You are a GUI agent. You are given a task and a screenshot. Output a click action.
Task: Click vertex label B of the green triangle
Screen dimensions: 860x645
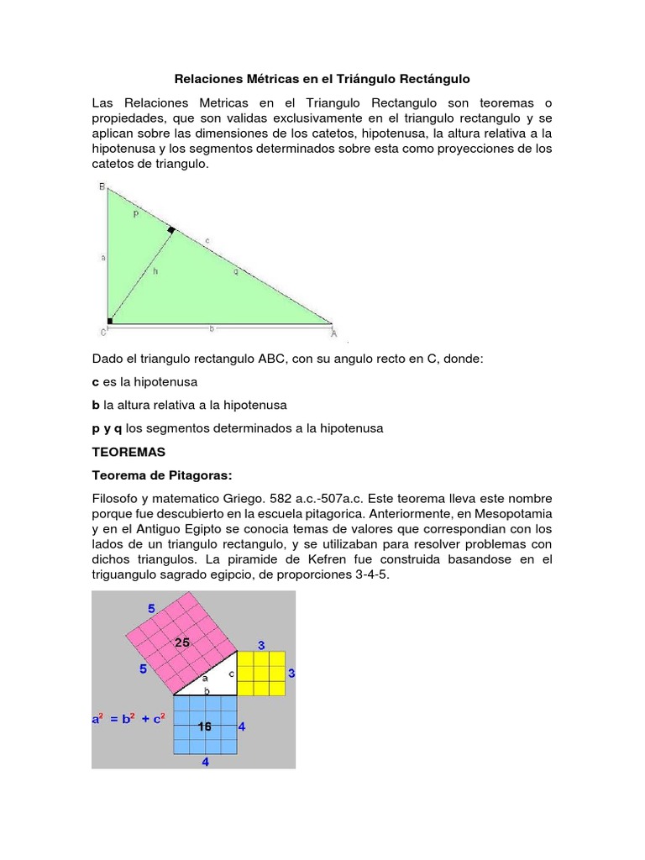click(102, 187)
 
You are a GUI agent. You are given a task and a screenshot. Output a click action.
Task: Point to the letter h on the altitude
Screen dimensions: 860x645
click(155, 271)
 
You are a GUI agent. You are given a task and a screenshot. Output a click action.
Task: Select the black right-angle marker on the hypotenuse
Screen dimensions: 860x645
click(171, 229)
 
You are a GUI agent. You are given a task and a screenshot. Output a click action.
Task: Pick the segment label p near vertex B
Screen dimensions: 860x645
click(136, 215)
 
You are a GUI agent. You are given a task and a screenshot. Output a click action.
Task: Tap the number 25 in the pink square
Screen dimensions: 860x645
click(182, 642)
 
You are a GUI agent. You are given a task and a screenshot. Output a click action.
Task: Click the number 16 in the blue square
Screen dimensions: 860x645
click(204, 726)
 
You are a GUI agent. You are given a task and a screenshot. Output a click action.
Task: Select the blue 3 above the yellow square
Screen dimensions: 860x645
click(261, 645)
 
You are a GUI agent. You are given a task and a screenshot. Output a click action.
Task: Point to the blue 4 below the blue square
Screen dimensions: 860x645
click(205, 761)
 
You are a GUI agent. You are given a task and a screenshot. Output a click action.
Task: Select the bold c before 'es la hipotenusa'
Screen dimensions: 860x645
click(96, 381)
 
